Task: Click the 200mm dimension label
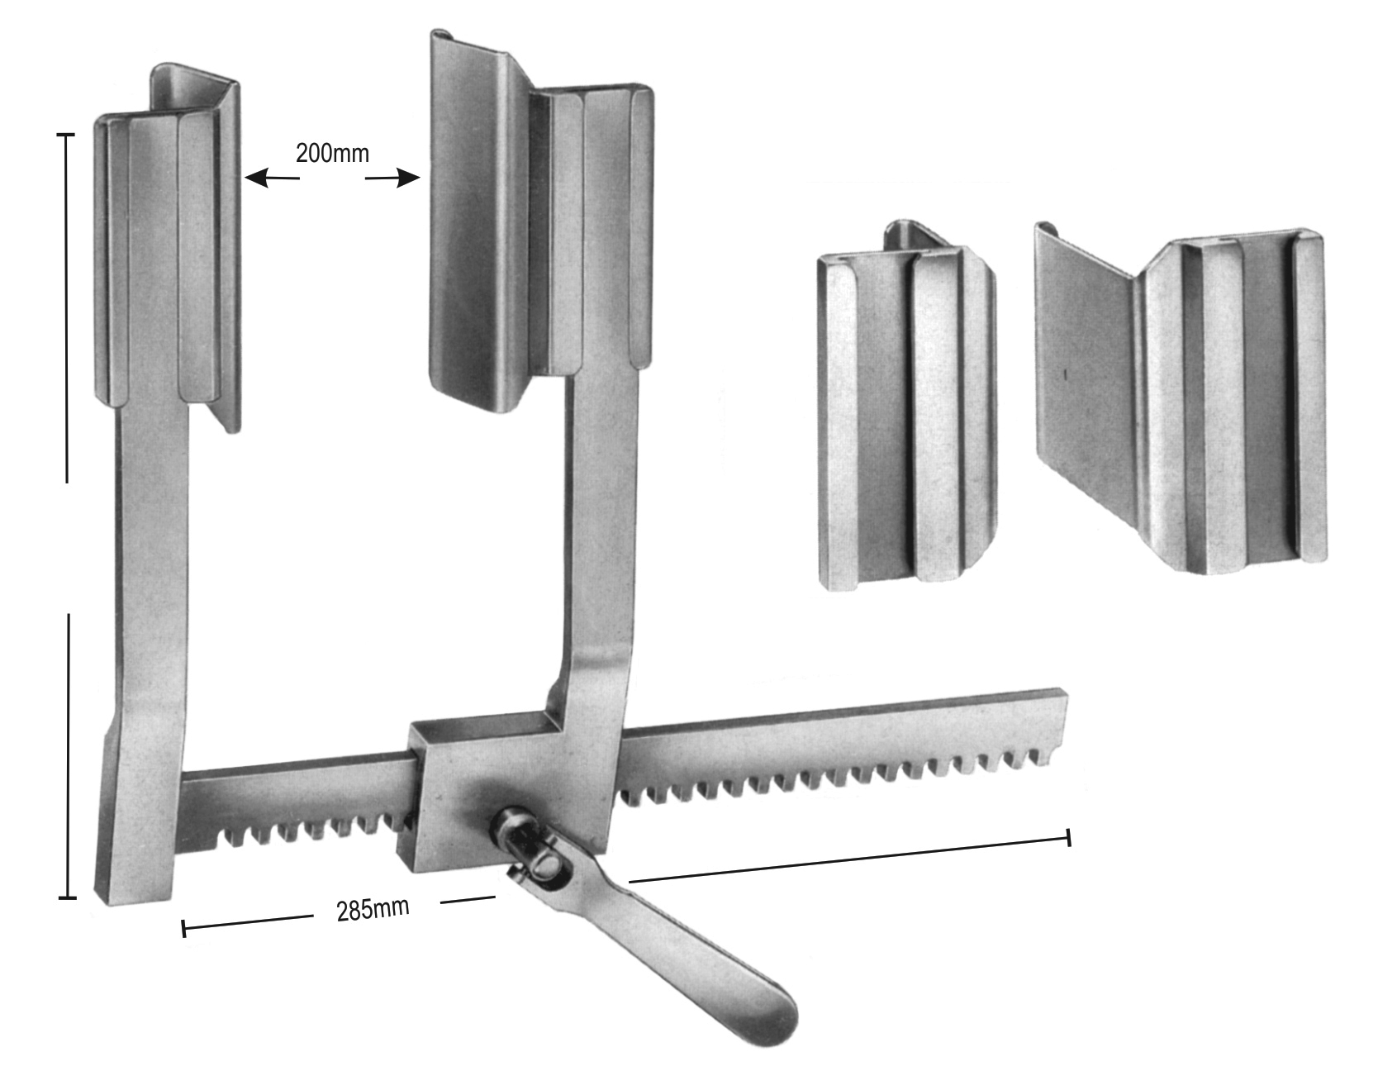(333, 153)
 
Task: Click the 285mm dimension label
(373, 909)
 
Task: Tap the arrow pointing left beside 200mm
(272, 178)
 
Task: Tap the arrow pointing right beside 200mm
(393, 178)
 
